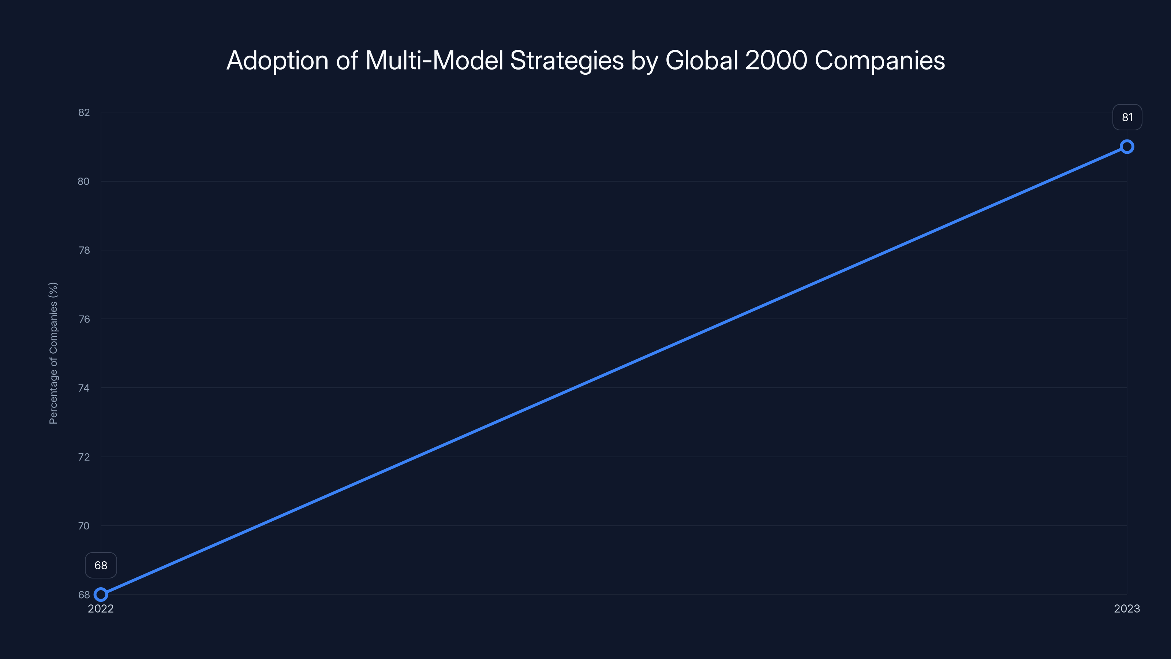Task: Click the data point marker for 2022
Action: click(x=101, y=595)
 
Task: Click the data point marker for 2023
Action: click(x=1127, y=146)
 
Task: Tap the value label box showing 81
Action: click(x=1127, y=117)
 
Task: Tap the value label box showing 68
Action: click(x=101, y=565)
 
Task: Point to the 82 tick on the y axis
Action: click(x=84, y=112)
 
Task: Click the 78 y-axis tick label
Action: click(x=84, y=250)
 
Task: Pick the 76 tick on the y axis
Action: click(x=84, y=319)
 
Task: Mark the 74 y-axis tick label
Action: click(x=84, y=388)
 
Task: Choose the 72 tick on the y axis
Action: click(x=84, y=457)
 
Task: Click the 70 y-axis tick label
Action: click(x=84, y=526)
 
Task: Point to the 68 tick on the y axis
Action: click(x=84, y=595)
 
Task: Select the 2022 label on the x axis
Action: click(x=101, y=608)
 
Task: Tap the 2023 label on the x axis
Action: click(x=1127, y=608)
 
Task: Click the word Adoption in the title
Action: click(x=277, y=60)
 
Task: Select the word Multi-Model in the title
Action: click(x=434, y=60)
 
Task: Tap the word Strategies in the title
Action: click(x=567, y=60)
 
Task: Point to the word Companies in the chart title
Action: click(x=880, y=60)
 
